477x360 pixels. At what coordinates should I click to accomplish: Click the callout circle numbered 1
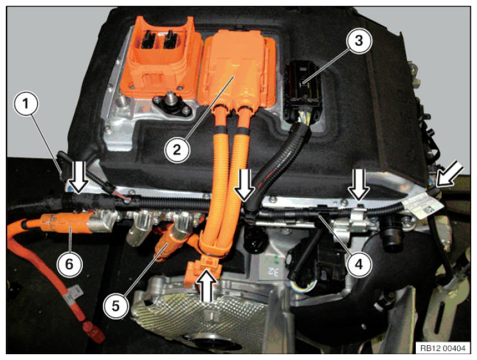(26, 104)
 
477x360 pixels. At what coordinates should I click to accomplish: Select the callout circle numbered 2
(177, 150)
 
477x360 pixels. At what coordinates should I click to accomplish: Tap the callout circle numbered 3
(359, 41)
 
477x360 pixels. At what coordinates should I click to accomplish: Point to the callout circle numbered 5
(116, 306)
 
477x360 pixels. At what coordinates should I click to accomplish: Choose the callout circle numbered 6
(69, 264)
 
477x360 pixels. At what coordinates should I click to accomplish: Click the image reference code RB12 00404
(443, 348)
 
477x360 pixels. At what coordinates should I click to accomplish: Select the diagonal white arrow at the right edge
(449, 174)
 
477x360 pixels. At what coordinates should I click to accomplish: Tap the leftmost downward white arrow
(78, 177)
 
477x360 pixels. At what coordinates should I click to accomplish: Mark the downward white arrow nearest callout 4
(359, 184)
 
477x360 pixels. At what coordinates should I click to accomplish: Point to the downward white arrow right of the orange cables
(244, 184)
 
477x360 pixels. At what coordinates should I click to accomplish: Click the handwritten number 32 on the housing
(273, 272)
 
